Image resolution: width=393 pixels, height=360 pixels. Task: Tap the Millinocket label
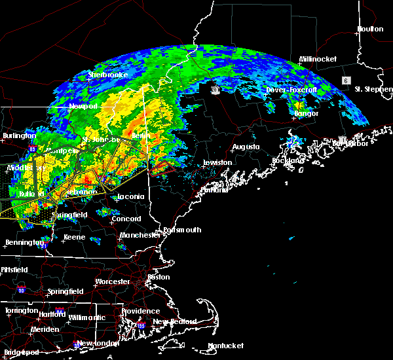tap(318, 59)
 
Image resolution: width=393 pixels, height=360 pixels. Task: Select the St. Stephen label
tap(372, 88)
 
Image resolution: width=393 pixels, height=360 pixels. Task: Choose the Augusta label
tap(246, 147)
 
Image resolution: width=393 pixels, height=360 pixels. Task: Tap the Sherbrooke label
tap(107, 75)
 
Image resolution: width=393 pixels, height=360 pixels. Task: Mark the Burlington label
tap(19, 135)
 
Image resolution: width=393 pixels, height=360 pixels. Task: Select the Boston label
tap(159, 277)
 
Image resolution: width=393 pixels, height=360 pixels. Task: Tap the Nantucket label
tap(225, 346)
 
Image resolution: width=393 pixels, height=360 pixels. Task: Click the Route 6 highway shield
tap(345, 80)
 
